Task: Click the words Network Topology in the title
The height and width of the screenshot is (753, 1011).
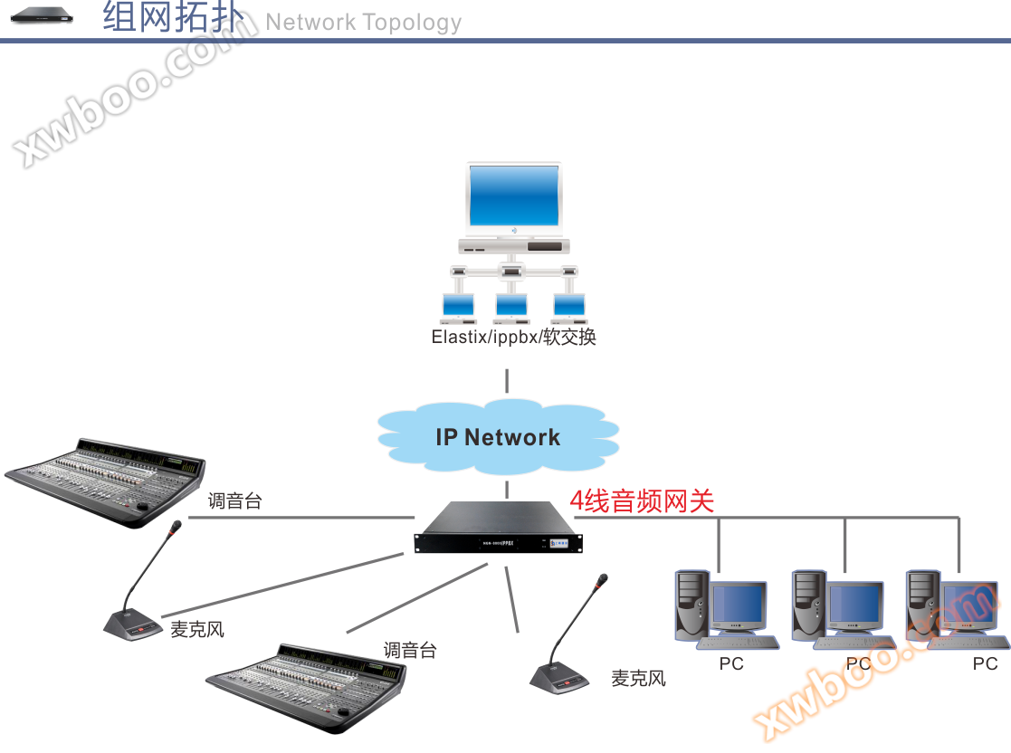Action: coord(363,23)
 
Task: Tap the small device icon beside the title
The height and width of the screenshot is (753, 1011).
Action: coord(42,15)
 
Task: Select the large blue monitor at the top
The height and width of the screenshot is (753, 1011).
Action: coord(513,197)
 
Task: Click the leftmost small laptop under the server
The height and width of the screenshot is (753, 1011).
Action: coord(459,309)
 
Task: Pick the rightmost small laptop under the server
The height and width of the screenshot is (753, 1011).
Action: coord(569,309)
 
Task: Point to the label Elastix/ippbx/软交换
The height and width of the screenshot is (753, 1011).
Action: coord(513,338)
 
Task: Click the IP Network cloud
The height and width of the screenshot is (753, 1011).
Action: coord(498,438)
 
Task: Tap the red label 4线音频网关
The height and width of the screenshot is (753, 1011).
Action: coord(642,500)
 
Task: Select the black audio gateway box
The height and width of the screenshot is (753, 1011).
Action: coord(499,529)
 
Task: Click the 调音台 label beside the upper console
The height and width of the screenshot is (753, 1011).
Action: coord(234,500)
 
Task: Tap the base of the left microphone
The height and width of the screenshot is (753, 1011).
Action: coord(132,623)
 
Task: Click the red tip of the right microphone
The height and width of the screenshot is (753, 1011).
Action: coord(603,578)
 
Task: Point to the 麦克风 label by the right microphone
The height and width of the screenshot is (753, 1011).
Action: coord(638,678)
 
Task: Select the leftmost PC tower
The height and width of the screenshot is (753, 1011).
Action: coord(691,605)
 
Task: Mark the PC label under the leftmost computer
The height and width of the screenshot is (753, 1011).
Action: coord(731,664)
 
